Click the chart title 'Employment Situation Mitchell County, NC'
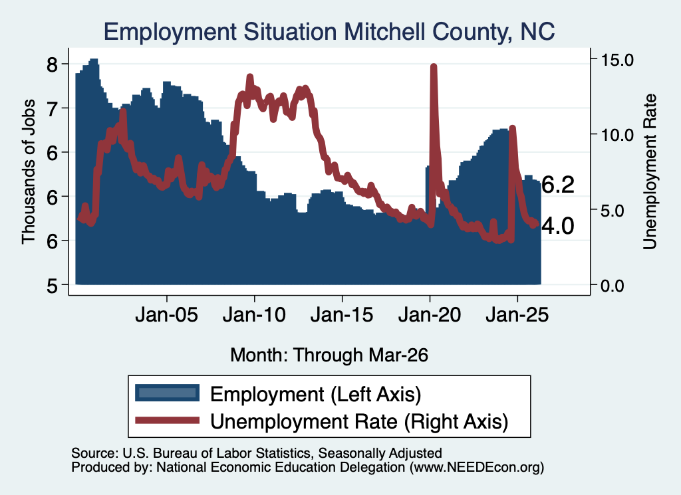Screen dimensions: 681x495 [x=329, y=32]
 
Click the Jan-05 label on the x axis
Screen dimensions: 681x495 [x=167, y=314]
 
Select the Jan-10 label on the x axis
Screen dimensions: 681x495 [x=255, y=314]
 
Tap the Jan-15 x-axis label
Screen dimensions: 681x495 [x=342, y=314]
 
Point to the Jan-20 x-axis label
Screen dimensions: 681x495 [x=430, y=314]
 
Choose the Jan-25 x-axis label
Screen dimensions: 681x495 [x=517, y=314]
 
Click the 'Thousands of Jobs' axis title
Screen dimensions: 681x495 [x=28, y=172]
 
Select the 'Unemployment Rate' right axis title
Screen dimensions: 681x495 [x=650, y=172]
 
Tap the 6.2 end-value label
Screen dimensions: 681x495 [x=558, y=185]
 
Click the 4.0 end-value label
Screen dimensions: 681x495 [x=558, y=226]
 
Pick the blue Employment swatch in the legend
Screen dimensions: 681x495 [x=167, y=393]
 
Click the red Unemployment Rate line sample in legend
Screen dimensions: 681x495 [x=167, y=420]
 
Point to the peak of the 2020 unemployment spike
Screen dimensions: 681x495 [x=433, y=66]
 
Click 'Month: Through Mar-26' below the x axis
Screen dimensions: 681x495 [x=329, y=355]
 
